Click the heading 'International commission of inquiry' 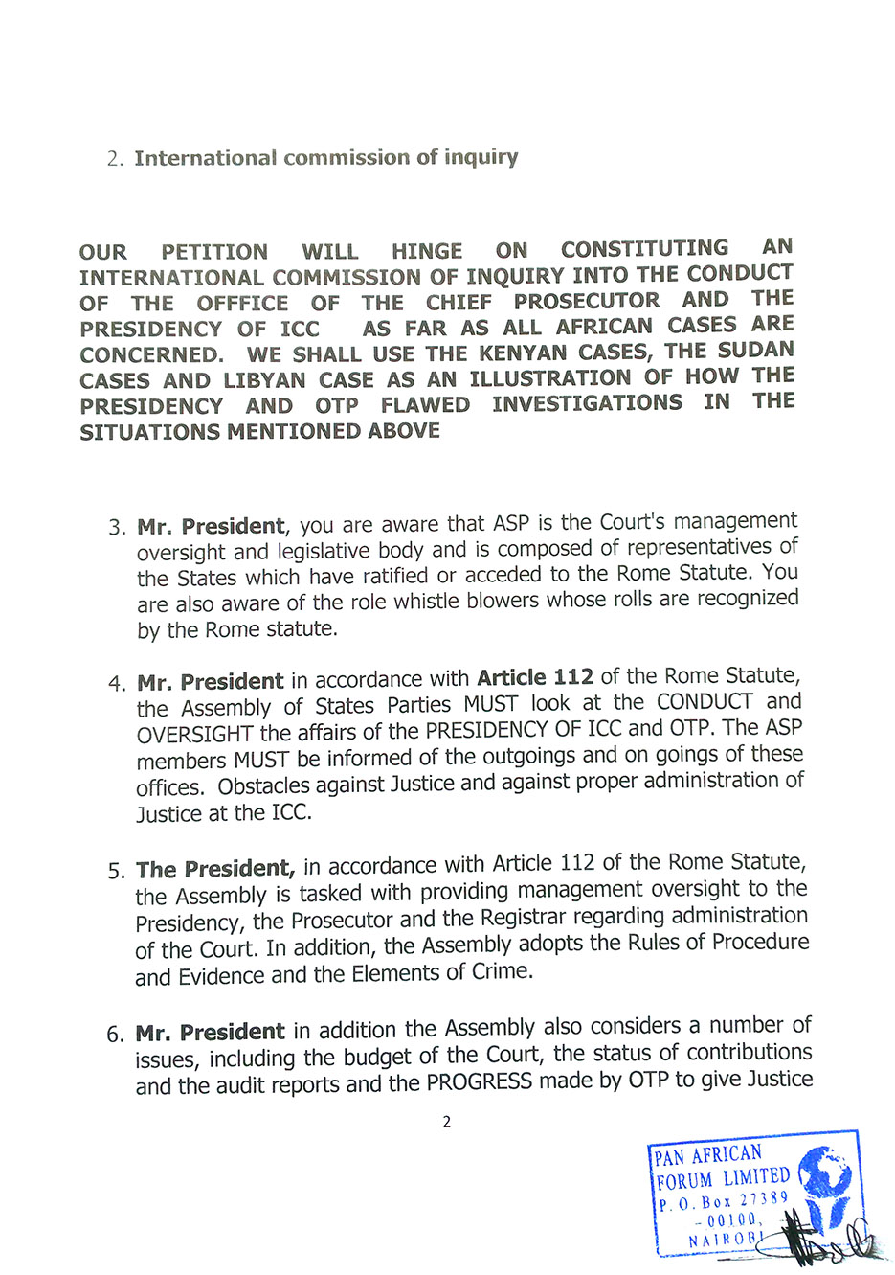pyautogui.click(x=325, y=157)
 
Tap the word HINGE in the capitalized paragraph pyautogui.click(x=427, y=251)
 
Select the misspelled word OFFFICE pyautogui.click(x=242, y=304)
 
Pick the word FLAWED pyautogui.click(x=425, y=405)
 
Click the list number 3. pyautogui.click(x=117, y=528)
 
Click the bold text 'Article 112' pyautogui.click(x=535, y=677)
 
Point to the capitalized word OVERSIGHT pyautogui.click(x=195, y=735)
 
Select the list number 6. pyautogui.click(x=115, y=1035)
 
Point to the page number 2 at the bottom pyautogui.click(x=446, y=1122)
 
